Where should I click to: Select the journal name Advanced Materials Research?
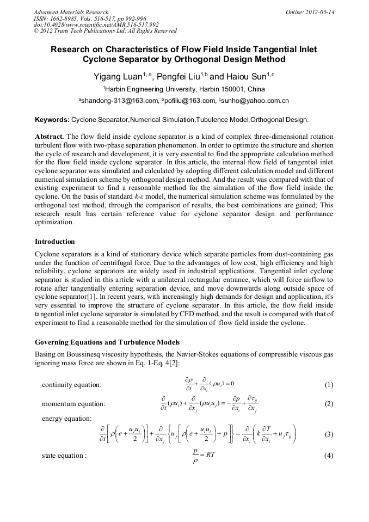[71, 11]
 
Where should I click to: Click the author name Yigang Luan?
[118, 77]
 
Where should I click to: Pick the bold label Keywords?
[52, 119]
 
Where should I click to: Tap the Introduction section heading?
[55, 241]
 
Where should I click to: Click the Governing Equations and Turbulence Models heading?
[107, 342]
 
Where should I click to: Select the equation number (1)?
[328, 385]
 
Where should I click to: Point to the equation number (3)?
[328, 434]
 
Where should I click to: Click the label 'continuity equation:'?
[71, 385]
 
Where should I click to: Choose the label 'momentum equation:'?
[73, 404]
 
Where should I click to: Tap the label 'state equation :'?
[64, 456]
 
